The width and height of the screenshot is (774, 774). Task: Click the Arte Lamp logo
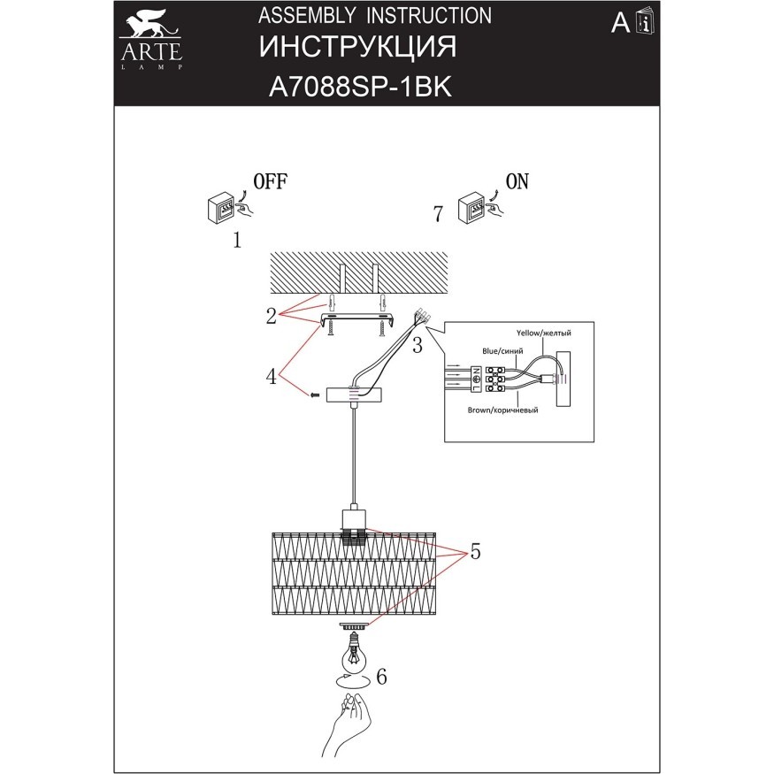(x=151, y=41)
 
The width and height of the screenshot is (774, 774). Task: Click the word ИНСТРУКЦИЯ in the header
(x=359, y=48)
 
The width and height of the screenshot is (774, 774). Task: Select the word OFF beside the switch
(x=269, y=182)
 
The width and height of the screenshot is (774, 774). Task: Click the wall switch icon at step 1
(x=225, y=209)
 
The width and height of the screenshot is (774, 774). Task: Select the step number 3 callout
(x=418, y=343)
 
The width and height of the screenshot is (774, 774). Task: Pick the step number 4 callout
(x=272, y=376)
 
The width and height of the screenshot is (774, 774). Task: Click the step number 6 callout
(x=381, y=678)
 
